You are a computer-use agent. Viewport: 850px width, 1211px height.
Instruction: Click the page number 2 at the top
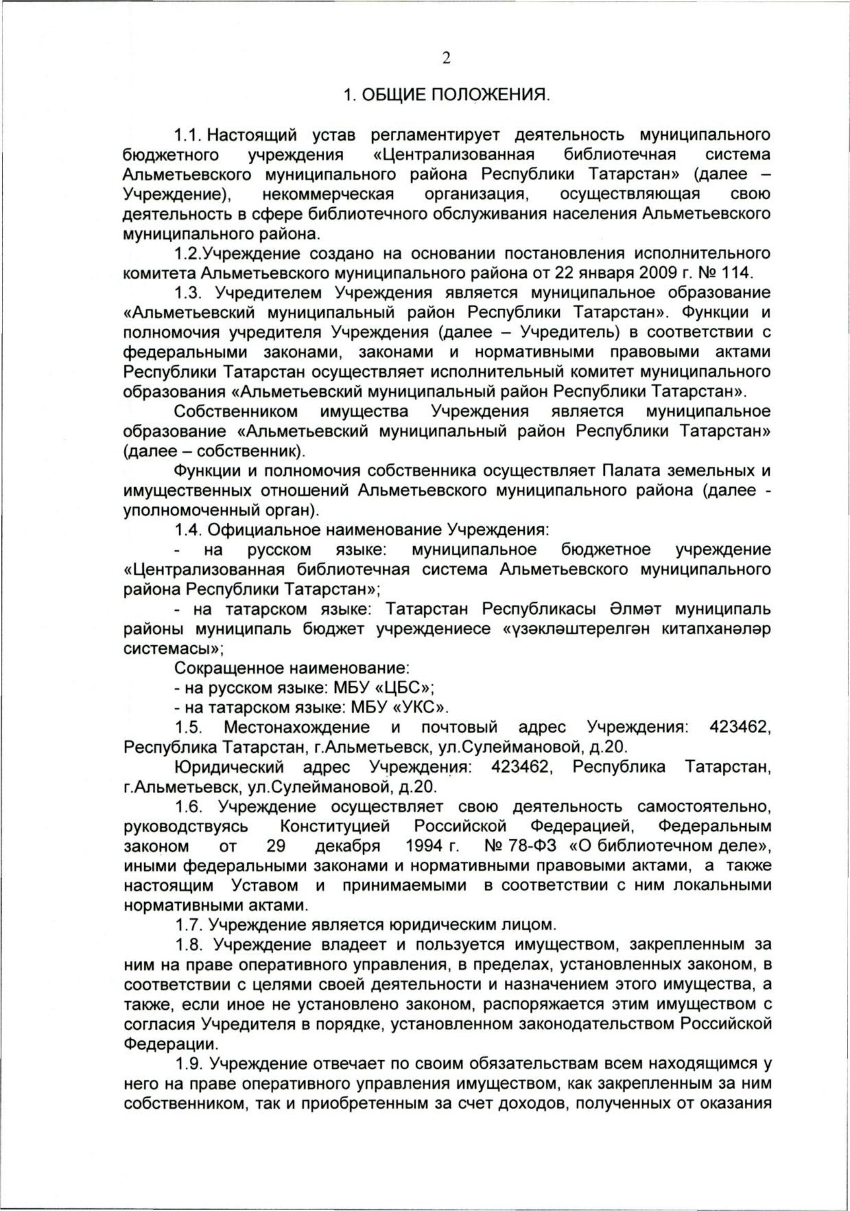447,59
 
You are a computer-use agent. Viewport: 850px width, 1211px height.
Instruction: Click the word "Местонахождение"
296,727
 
